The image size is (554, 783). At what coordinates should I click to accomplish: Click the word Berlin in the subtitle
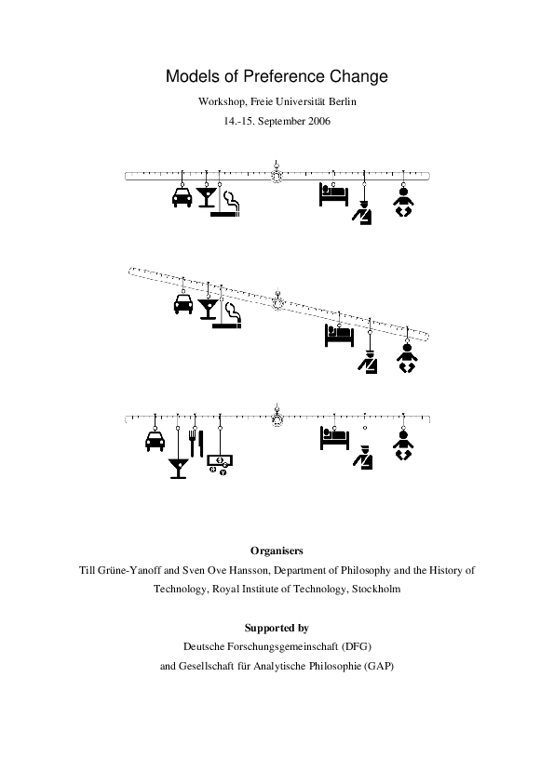(x=340, y=100)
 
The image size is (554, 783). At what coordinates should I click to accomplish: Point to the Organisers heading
(x=277, y=551)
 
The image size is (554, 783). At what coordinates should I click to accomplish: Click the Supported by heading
(x=277, y=628)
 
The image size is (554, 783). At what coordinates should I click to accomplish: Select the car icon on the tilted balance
(x=182, y=304)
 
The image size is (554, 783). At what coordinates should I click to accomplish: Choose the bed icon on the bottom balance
(x=333, y=438)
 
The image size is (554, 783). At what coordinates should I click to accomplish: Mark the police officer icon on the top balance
(x=363, y=213)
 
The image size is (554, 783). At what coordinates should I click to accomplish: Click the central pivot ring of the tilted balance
(x=277, y=301)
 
